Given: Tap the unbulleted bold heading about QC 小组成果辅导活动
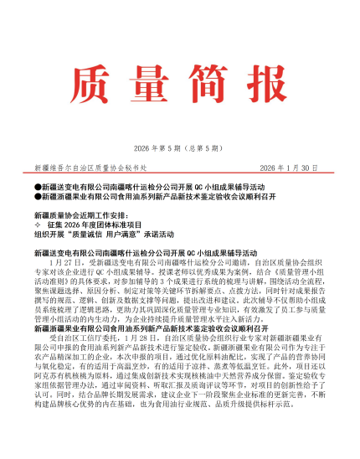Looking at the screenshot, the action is coord(128,251).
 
